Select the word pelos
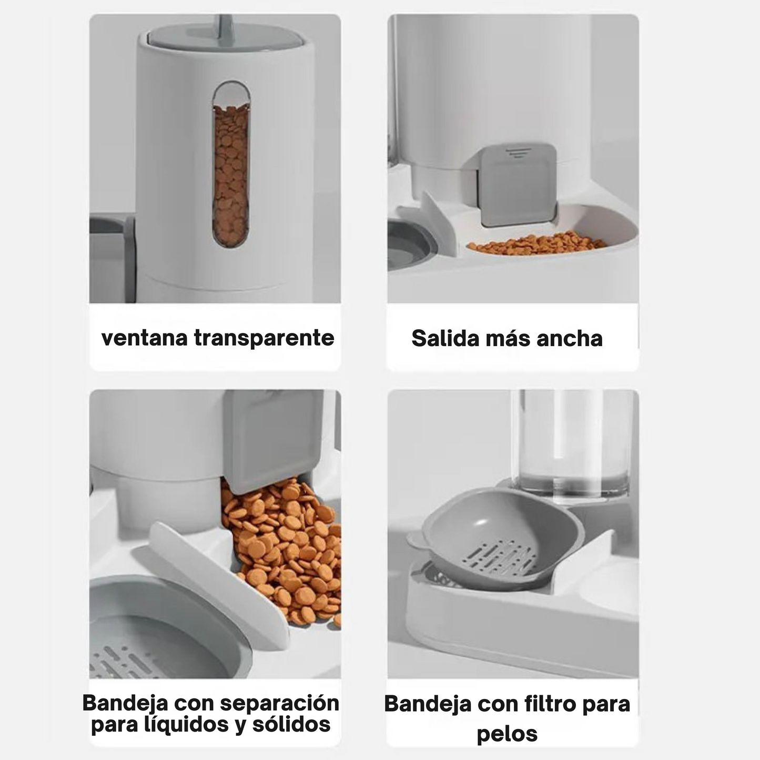tap(507, 733)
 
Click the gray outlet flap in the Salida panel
tap(516, 185)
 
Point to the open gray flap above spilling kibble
tap(272, 439)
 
